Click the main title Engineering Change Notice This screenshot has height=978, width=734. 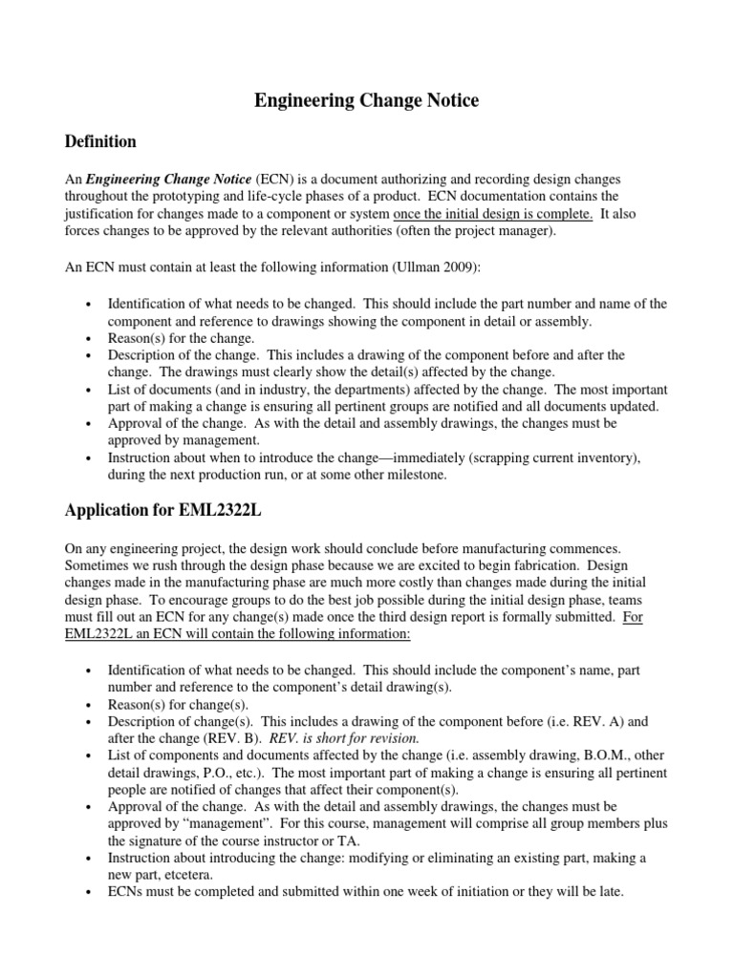(x=366, y=100)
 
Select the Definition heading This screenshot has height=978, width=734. (x=100, y=142)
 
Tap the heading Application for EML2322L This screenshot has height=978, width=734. (x=162, y=510)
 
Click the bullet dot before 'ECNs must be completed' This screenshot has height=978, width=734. (x=88, y=892)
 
